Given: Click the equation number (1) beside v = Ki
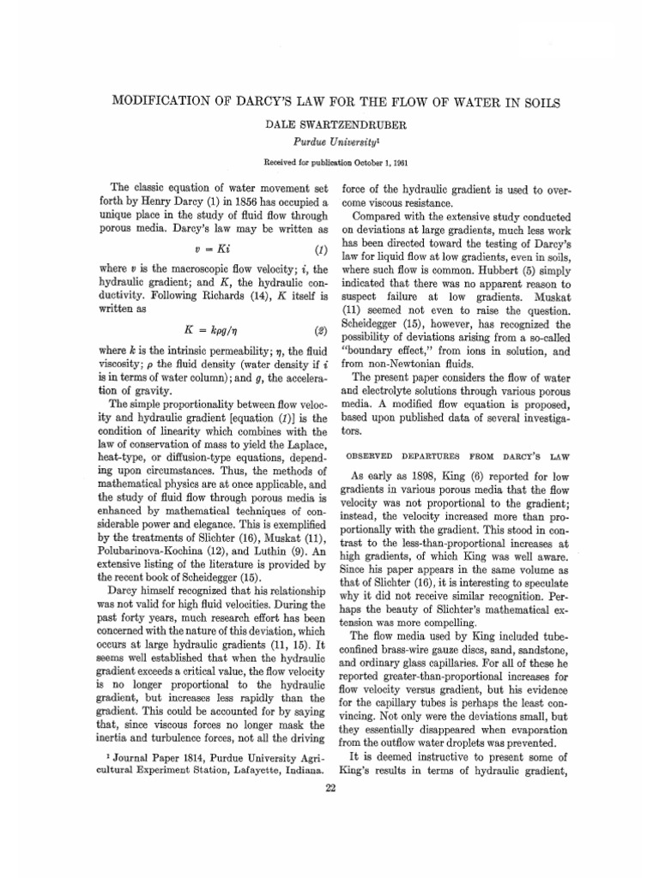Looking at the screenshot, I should [x=320, y=250].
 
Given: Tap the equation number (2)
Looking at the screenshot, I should [x=320, y=330].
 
